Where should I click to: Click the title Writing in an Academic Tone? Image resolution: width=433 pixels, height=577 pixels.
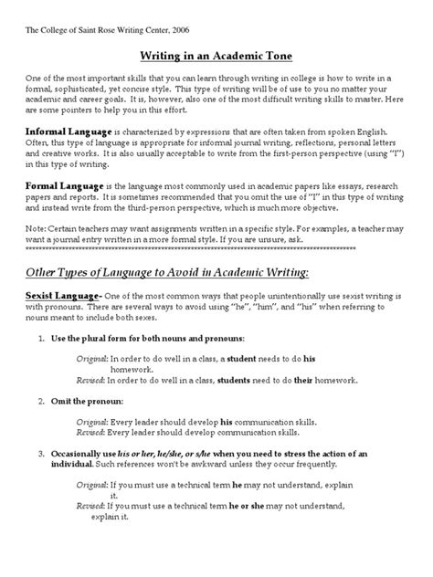coord(216,56)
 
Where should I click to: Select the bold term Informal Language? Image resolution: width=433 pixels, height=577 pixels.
coord(61,131)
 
